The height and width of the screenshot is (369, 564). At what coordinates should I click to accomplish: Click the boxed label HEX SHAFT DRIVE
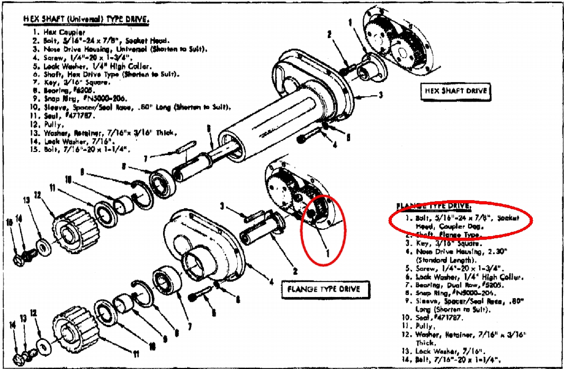click(455, 91)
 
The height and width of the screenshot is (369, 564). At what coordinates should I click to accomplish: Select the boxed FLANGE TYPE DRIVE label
click(323, 289)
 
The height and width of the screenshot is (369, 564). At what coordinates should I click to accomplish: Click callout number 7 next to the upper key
click(146, 157)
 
